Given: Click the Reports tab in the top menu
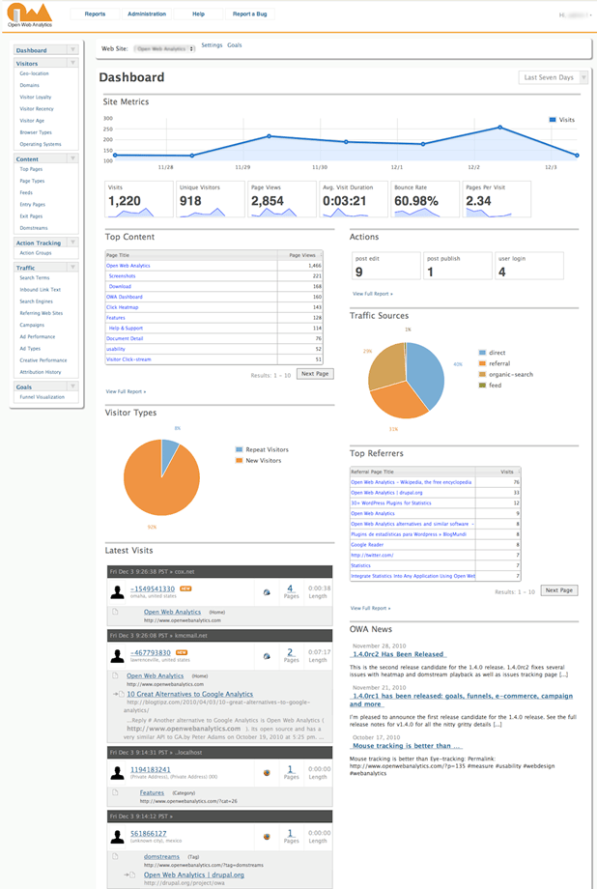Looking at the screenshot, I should pos(95,14).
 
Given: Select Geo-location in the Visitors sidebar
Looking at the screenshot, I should pos(35,73).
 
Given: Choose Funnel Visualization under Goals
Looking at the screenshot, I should pos(43,397).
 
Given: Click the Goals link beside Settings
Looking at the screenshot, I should pos(235,45).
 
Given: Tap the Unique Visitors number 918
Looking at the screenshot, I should pos(199,201).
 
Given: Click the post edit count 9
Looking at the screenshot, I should pos(359,272).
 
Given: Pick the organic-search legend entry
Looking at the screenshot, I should pos(511,374).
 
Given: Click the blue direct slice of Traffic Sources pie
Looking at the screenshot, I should pos(425,372).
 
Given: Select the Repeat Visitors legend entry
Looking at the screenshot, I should pos(268,449).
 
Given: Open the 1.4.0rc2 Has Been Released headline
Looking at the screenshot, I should pos(398,654).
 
